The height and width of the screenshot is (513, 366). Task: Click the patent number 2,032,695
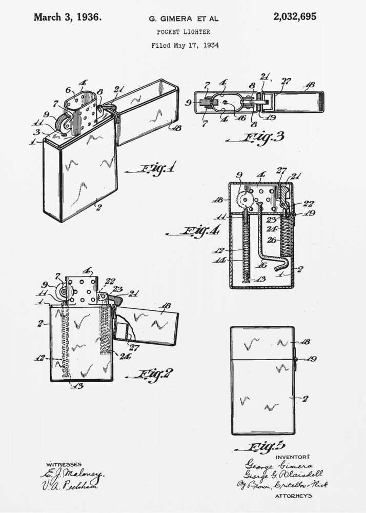click(294, 16)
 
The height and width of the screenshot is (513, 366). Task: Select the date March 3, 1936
click(67, 17)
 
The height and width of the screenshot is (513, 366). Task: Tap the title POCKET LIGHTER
click(183, 32)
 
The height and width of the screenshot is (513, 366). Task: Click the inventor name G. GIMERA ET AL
click(183, 18)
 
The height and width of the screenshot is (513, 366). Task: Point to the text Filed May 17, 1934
click(185, 45)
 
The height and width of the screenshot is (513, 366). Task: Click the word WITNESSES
click(64, 464)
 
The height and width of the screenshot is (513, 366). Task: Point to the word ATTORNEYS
click(293, 496)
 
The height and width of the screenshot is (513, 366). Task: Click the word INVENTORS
click(293, 456)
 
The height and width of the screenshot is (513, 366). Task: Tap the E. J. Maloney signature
click(72, 474)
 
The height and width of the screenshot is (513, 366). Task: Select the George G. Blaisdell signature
click(283, 474)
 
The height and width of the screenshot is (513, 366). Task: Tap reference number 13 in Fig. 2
click(77, 386)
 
